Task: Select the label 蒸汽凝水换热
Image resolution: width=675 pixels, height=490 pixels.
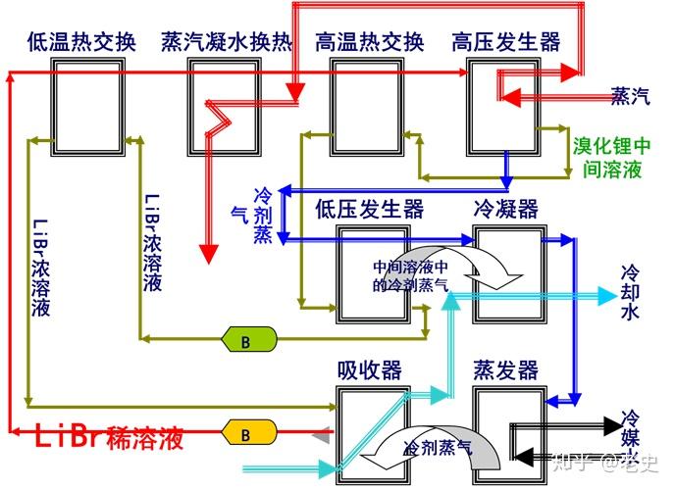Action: [x=227, y=42]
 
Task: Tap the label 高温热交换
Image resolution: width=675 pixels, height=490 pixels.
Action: [x=369, y=42]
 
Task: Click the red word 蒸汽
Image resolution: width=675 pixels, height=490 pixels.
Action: [x=630, y=96]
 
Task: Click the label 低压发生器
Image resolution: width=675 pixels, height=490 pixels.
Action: [x=369, y=209]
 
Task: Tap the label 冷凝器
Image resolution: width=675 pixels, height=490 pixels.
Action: [x=506, y=209]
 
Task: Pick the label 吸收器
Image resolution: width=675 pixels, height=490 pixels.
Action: [x=369, y=369]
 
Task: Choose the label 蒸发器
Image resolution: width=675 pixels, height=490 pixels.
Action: [x=506, y=369]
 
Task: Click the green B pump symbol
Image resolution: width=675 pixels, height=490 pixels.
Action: [x=246, y=339]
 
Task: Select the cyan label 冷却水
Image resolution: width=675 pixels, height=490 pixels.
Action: [x=630, y=291]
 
